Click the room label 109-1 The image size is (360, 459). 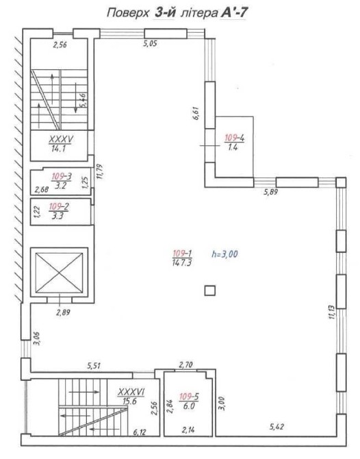[x=182, y=253]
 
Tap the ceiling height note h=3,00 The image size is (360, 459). [x=224, y=253]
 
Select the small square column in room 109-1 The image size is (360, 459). [x=210, y=291]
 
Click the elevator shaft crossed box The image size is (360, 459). [x=59, y=273]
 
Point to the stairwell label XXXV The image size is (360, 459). [x=61, y=139]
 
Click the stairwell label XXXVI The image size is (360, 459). [x=131, y=392]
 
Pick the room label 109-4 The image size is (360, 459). [x=235, y=138]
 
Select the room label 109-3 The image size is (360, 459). [x=62, y=177]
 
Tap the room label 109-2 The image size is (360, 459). [x=59, y=207]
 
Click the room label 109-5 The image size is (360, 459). [x=189, y=397]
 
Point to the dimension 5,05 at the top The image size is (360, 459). [x=150, y=44]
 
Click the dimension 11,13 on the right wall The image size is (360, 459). [x=331, y=312]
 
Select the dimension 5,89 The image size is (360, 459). [x=270, y=193]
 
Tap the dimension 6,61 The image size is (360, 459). [x=196, y=113]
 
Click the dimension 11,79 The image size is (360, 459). [x=101, y=171]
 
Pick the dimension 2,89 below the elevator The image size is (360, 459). [x=63, y=312]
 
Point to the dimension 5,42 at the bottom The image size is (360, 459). [x=277, y=427]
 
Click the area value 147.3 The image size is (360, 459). [x=182, y=262]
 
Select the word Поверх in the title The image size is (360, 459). [x=128, y=13]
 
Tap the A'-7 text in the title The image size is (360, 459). [x=233, y=13]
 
